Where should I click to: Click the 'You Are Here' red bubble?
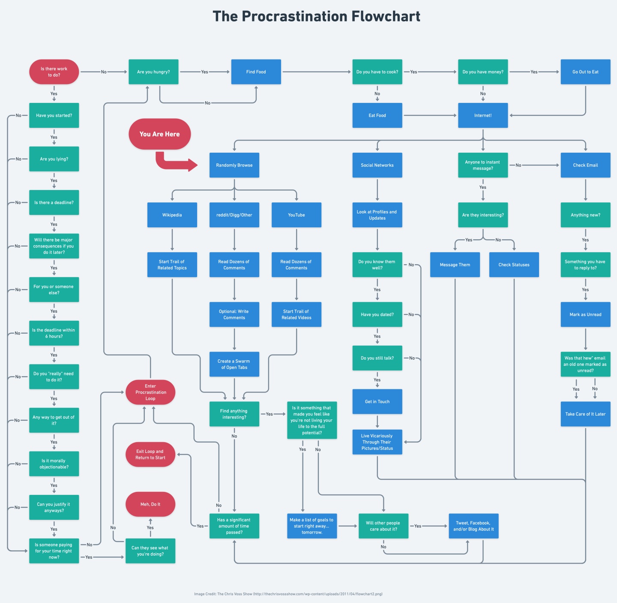(159, 134)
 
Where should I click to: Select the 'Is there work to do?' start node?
(54, 72)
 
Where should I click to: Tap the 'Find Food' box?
(256, 72)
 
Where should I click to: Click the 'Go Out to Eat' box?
(585, 72)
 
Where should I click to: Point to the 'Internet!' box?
(483, 115)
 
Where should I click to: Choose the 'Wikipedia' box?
(172, 215)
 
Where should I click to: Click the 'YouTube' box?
(297, 215)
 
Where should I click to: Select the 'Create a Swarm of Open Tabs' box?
(234, 364)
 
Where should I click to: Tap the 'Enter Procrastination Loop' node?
(150, 392)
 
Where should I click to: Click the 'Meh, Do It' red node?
(150, 504)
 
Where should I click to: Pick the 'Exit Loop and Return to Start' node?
(150, 455)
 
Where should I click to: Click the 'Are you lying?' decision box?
(54, 159)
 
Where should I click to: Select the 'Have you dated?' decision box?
(377, 314)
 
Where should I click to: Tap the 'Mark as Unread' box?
(585, 314)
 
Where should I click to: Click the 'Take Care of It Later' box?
(585, 414)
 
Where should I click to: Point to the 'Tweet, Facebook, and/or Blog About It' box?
(473, 526)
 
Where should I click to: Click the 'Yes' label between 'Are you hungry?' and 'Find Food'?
(205, 72)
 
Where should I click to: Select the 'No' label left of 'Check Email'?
(518, 165)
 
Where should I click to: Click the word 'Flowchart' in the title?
(386, 16)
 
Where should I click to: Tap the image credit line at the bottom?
(288, 594)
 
